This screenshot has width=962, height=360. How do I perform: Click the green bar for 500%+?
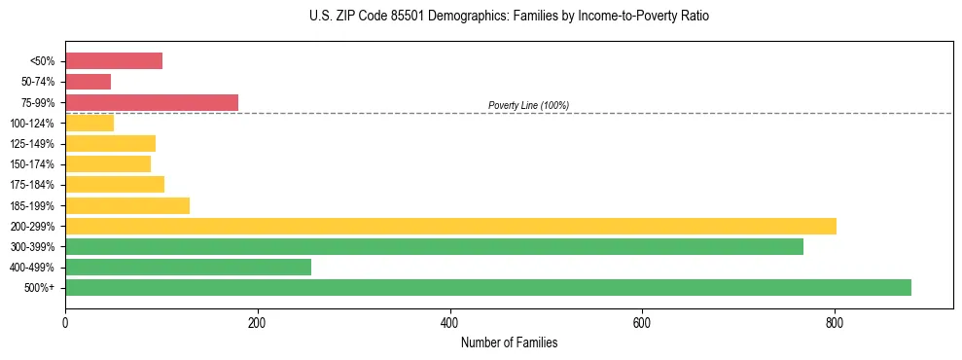(487, 287)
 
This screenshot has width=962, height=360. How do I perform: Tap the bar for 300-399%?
(434, 246)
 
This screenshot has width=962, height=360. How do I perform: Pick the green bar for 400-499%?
(188, 267)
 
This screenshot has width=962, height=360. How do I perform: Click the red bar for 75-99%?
(152, 102)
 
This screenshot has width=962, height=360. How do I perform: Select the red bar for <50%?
(114, 61)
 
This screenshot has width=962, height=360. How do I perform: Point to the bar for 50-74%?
(88, 82)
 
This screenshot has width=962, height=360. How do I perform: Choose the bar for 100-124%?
(89, 123)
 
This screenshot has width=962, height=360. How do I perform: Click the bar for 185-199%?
(127, 205)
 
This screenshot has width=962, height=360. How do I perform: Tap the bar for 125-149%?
(110, 144)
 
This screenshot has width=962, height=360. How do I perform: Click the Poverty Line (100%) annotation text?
(528, 105)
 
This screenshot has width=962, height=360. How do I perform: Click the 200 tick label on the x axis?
(257, 322)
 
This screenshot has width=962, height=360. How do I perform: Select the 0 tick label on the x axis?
(65, 322)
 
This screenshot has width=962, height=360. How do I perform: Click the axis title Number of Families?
(509, 342)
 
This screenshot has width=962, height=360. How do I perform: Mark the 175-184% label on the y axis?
(32, 185)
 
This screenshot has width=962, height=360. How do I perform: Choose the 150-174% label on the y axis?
(32, 164)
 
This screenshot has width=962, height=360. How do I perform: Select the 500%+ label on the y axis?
(40, 288)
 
